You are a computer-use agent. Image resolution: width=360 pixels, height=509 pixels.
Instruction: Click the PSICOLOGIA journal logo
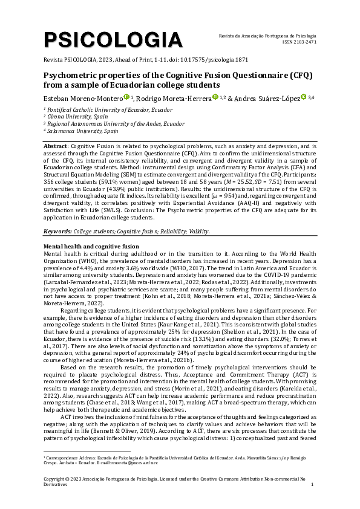pyautogui.click(x=113, y=40)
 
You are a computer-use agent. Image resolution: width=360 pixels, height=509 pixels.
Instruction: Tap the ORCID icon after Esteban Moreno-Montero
pyautogui.click(x=126, y=97)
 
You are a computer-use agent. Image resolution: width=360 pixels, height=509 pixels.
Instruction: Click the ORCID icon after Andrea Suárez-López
pyautogui.click(x=304, y=97)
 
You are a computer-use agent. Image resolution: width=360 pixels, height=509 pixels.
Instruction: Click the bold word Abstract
pyautogui.click(x=56, y=147)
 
